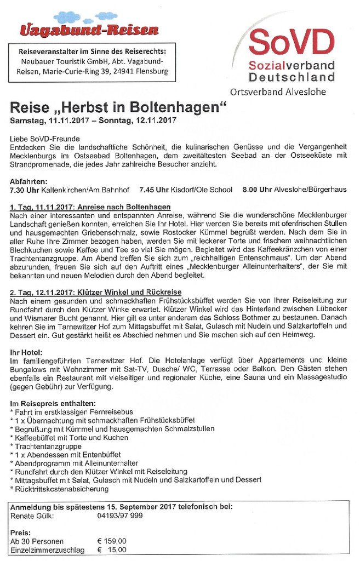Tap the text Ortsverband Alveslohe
pyautogui.click(x=279, y=91)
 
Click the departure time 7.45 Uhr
pyautogui.click(x=155, y=190)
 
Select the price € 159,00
pyautogui.click(x=112, y=541)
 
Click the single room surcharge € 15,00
pyautogui.click(x=112, y=549)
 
